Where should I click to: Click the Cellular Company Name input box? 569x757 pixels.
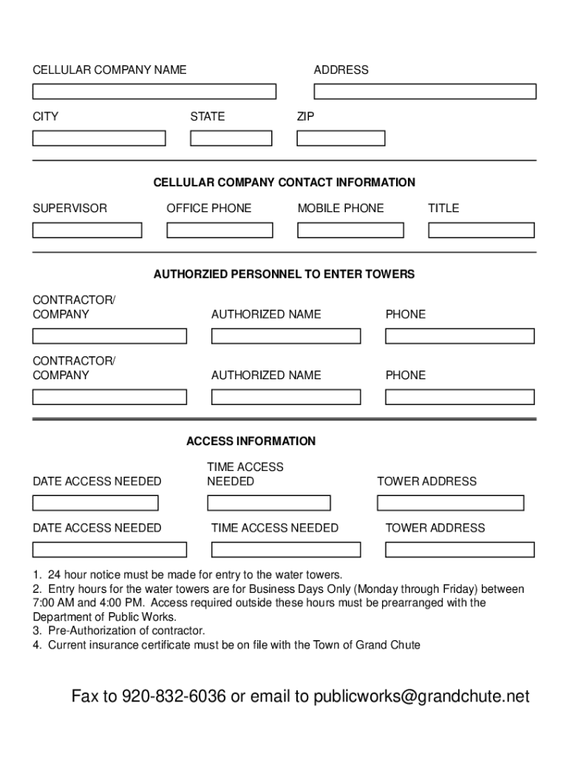click(154, 92)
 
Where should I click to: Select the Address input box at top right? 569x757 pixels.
click(425, 92)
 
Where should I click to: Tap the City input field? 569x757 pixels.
click(99, 138)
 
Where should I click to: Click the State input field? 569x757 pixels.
click(231, 138)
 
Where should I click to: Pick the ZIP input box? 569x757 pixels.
click(341, 138)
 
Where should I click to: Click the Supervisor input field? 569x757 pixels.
click(87, 230)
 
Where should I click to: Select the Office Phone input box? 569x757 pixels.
click(219, 230)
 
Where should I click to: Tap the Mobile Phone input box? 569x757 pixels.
click(350, 230)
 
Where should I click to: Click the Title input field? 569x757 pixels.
click(481, 230)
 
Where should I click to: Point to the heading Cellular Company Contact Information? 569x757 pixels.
click(284, 183)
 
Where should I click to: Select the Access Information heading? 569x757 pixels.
click(251, 441)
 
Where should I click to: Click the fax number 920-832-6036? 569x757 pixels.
click(174, 696)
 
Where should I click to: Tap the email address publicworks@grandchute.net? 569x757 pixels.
click(421, 696)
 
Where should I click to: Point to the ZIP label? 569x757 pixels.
click(305, 116)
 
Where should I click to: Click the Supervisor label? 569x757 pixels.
click(69, 208)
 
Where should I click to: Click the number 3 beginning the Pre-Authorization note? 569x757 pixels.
click(35, 631)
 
